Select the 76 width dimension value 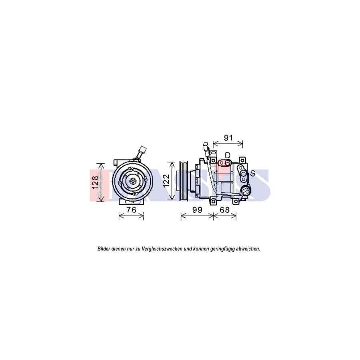[132, 210]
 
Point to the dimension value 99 [197, 210]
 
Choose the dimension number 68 [225, 210]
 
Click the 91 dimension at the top [228, 138]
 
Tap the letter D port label [228, 155]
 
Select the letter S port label [252, 173]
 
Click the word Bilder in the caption [104, 249]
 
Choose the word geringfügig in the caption [218, 249]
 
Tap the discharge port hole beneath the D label [227, 163]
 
